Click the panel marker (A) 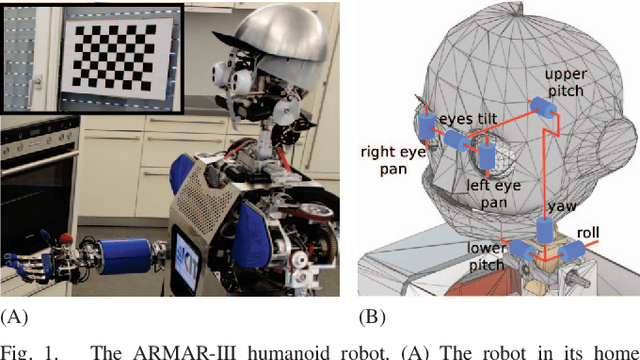click(14, 318)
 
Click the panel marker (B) click(371, 318)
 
